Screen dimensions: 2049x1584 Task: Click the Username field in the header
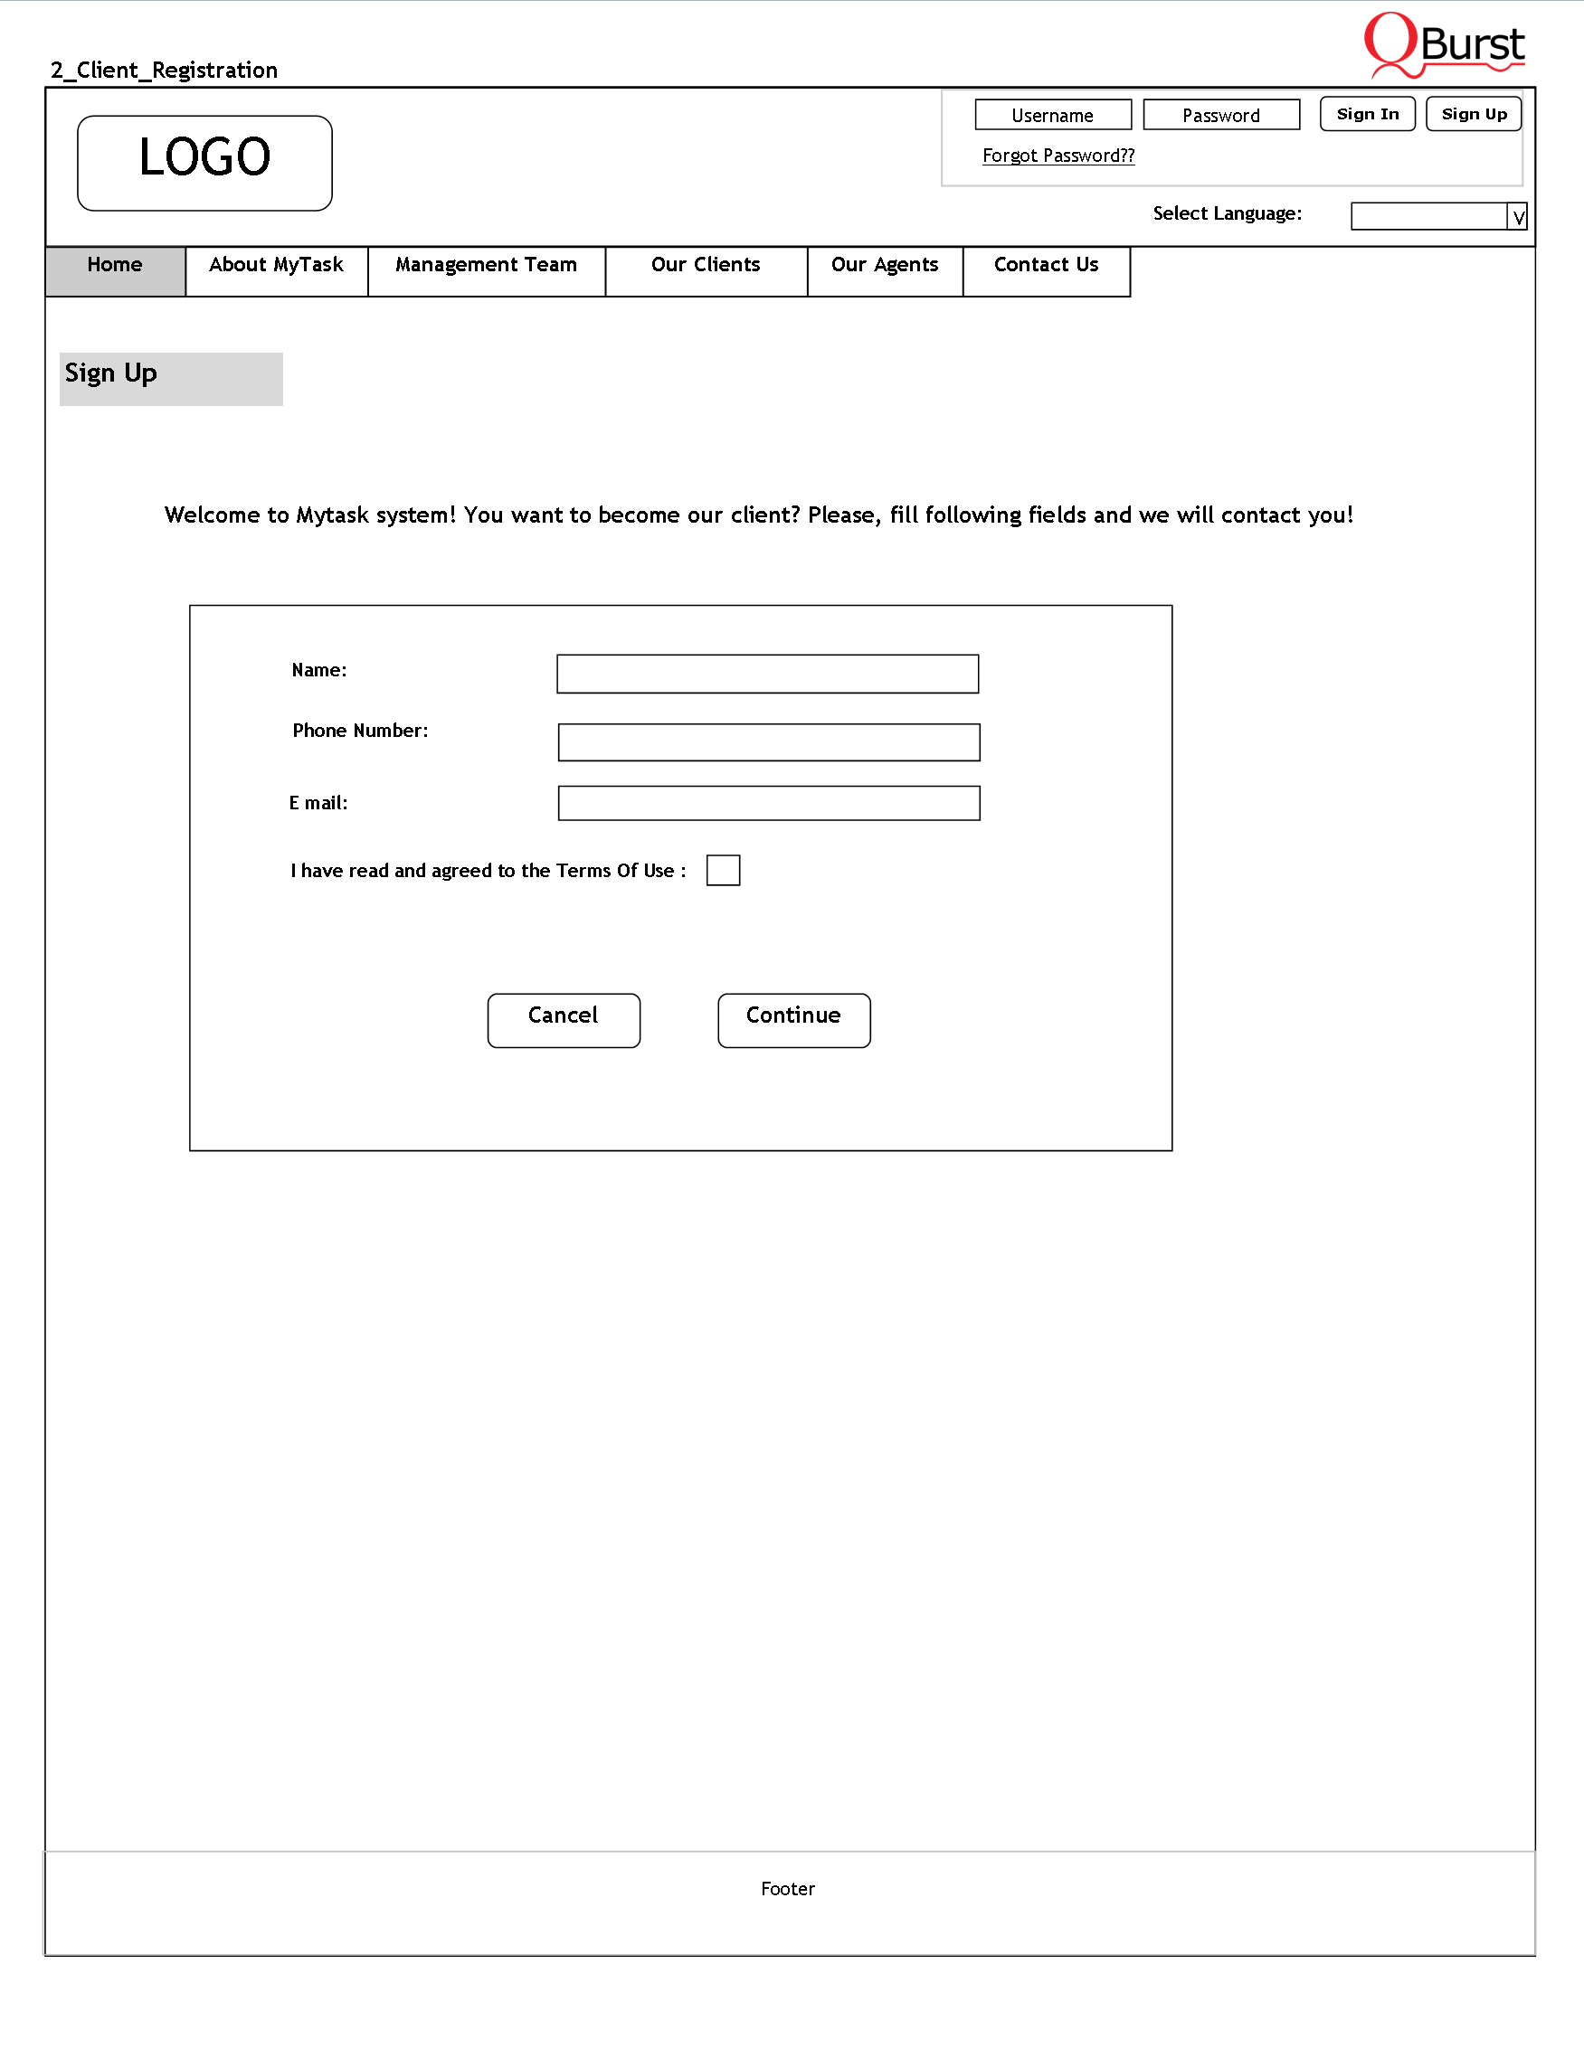(1053, 115)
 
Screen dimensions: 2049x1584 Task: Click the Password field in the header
(1221, 115)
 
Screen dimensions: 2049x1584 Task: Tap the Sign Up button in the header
(1474, 114)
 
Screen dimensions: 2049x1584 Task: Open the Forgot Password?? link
(1058, 156)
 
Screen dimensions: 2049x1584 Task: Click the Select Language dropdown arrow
(1517, 217)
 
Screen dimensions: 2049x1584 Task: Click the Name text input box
(768, 674)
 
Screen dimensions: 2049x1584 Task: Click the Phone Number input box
(769, 742)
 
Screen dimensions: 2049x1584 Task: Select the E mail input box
(769, 803)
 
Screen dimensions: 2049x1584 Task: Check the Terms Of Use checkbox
(723, 870)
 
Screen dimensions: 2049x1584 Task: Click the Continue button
(794, 1020)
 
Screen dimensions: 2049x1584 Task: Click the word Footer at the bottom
(787, 1889)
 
